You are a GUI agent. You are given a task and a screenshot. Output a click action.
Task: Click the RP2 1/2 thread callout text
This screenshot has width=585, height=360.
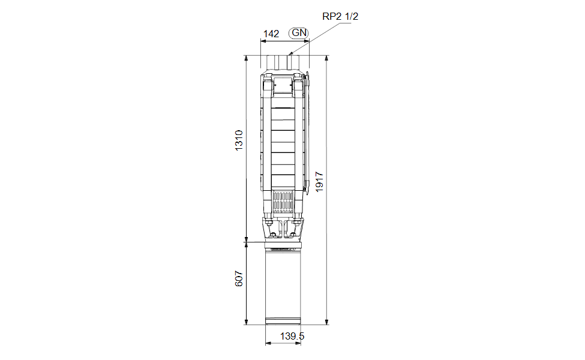(340, 16)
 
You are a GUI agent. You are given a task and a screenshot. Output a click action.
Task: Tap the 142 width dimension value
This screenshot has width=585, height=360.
(271, 34)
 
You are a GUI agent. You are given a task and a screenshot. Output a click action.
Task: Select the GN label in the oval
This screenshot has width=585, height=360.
(299, 33)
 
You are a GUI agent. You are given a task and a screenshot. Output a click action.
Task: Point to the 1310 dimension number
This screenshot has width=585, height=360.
(239, 140)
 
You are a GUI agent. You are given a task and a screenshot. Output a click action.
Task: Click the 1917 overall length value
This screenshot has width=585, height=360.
(319, 182)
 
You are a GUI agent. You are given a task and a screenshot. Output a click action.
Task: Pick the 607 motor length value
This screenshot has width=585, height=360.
(239, 278)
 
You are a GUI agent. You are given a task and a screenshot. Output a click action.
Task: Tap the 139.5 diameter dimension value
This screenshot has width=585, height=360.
(292, 336)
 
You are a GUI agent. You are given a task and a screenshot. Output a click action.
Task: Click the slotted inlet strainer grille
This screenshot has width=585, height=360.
(283, 203)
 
